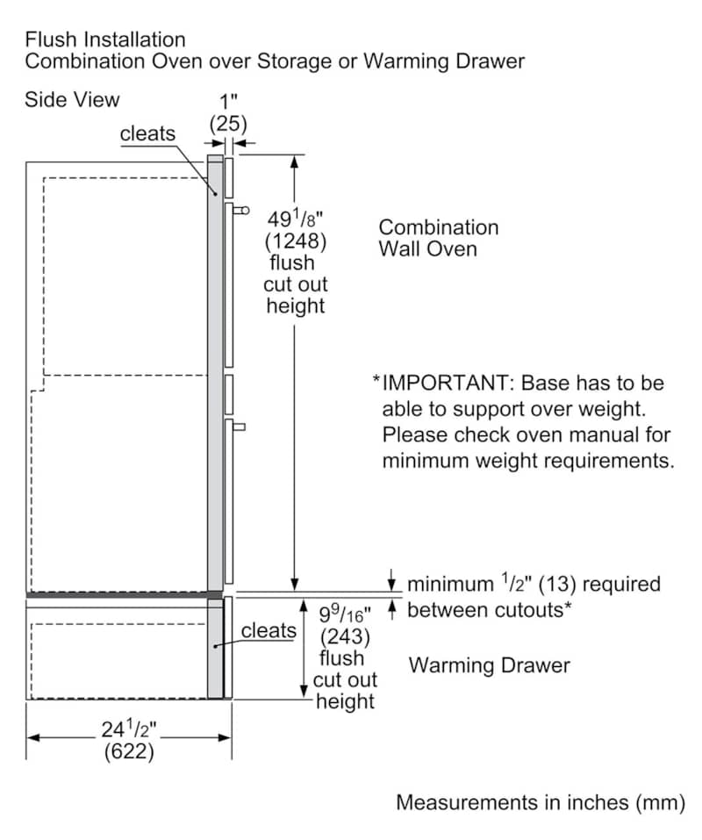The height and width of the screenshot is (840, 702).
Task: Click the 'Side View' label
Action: tap(72, 99)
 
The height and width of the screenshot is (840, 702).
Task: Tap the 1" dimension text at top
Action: tap(227, 102)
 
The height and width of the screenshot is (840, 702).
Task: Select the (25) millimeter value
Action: tap(227, 124)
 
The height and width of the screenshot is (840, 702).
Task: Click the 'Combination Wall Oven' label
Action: tap(438, 238)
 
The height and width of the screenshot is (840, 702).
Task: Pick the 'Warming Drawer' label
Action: tap(489, 665)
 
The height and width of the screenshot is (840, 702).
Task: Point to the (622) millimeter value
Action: tap(129, 751)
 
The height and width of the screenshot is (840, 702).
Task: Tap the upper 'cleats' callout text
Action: tap(147, 133)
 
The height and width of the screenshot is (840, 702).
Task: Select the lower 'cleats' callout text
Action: tap(269, 630)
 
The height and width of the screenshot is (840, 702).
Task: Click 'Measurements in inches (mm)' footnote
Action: tap(540, 802)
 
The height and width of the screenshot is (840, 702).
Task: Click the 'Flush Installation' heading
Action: tap(105, 39)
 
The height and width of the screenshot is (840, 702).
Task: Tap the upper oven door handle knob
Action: tap(242, 210)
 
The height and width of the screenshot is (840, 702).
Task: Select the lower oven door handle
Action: tap(239, 427)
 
